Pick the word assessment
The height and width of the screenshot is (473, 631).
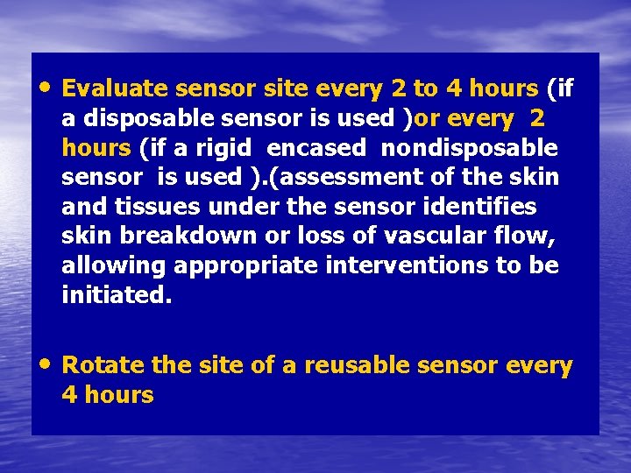click(x=357, y=177)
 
